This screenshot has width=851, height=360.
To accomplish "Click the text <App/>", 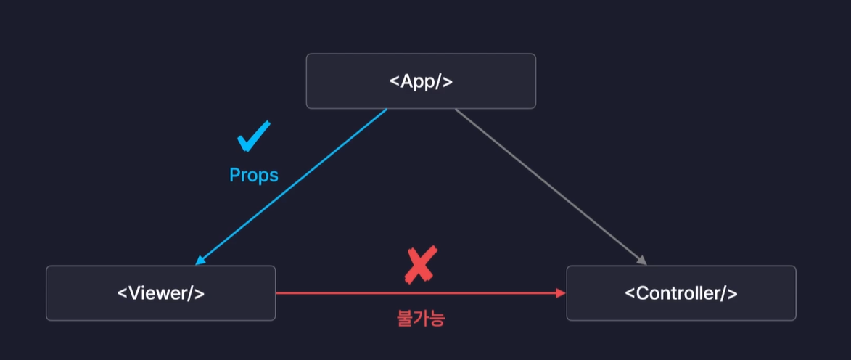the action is pyautogui.click(x=421, y=81).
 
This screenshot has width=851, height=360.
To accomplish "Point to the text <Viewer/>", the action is pyautogui.click(x=160, y=293).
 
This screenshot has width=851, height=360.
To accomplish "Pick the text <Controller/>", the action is pyautogui.click(x=681, y=293).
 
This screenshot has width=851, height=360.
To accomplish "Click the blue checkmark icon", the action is pyautogui.click(x=253, y=136).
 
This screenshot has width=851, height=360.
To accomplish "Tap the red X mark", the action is pyautogui.click(x=420, y=264).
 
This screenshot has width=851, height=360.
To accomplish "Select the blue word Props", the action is pyautogui.click(x=254, y=175).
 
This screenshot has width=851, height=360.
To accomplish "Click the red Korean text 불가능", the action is pyautogui.click(x=421, y=318).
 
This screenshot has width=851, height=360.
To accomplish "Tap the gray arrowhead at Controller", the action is pyautogui.click(x=641, y=261).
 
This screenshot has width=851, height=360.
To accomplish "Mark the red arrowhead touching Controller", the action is pyautogui.click(x=561, y=293).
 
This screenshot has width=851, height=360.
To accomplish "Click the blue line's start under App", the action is pyautogui.click(x=385, y=111).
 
